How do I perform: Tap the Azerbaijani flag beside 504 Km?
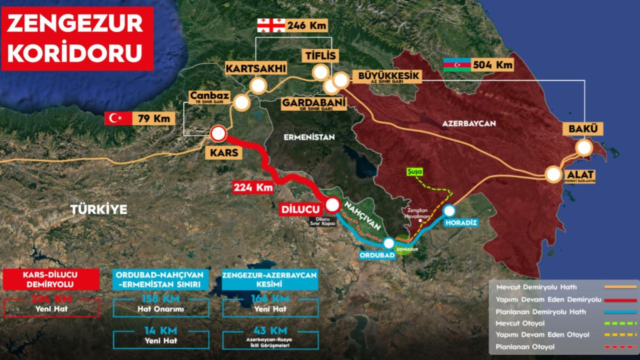(x=457, y=64)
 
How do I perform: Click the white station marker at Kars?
(x=218, y=133)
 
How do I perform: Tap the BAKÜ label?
(x=582, y=128)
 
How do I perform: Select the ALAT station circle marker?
(x=553, y=174)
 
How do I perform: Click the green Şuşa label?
(x=414, y=171)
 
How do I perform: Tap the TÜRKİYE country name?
(x=98, y=209)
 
